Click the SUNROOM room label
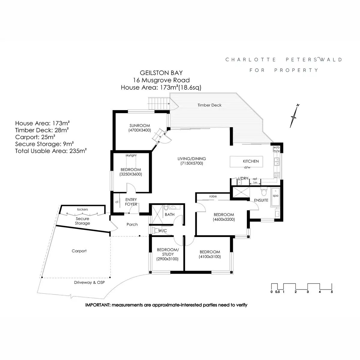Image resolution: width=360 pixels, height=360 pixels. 139,125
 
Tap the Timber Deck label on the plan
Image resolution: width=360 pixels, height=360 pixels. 209,105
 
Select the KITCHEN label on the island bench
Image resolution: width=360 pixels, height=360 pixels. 251,161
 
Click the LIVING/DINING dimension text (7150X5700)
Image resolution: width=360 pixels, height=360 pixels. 192,163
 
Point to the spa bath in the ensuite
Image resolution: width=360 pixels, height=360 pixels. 275,197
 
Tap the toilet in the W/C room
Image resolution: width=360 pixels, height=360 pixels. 154,230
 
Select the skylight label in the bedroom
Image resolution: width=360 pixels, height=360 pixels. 131,155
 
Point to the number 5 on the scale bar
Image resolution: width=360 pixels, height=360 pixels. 332,292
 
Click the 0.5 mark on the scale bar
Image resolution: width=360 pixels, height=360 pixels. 277,292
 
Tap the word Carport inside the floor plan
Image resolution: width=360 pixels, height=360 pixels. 79,251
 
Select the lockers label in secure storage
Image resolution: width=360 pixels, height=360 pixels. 82,209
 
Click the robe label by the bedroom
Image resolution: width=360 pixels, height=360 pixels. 213,196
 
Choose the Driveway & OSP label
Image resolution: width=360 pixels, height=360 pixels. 89,283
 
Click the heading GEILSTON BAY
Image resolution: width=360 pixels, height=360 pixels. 161,73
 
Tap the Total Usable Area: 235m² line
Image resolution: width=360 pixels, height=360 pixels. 51,151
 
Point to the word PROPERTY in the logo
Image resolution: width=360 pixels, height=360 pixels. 296,70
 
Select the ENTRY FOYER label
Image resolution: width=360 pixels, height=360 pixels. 131,202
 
